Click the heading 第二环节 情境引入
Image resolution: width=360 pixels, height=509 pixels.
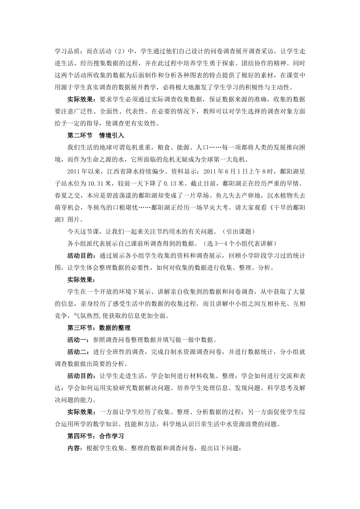95,135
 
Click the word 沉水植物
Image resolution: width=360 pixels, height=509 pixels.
282,195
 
